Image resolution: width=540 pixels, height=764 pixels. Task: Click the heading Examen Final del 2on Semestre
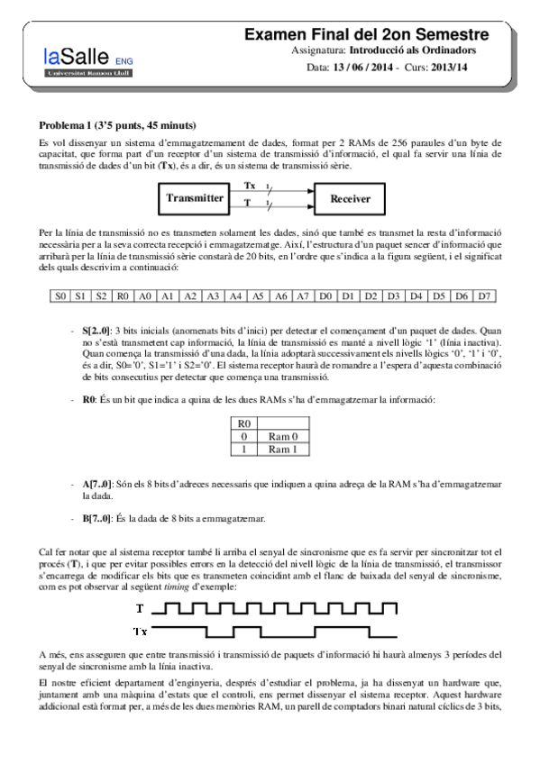[367, 34]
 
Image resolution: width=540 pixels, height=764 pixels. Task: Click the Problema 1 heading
[118, 124]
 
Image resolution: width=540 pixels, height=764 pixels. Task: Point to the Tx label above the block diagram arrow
[250, 185]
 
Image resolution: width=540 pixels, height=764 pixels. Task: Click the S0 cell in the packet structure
[59, 295]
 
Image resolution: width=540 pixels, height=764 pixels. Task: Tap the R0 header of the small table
[243, 423]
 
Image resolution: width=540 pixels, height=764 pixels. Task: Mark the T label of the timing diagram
[140, 608]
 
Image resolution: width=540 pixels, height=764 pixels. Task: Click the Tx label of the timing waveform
[141, 629]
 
